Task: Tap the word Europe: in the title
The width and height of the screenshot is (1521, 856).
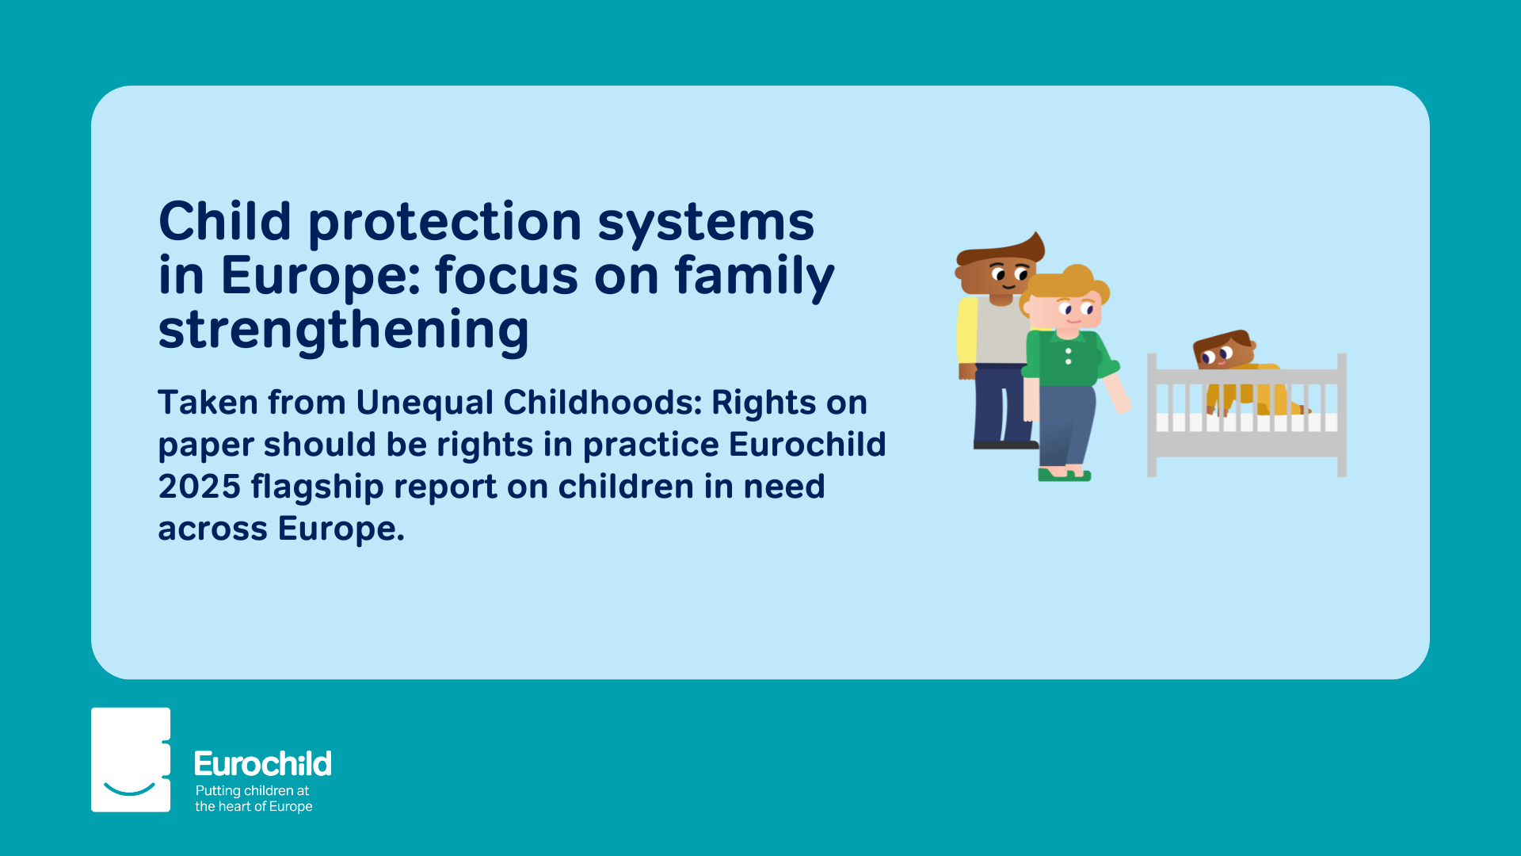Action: coord(321,276)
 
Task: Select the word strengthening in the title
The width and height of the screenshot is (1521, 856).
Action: coord(344,331)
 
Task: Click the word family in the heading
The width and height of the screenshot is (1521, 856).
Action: coord(754,277)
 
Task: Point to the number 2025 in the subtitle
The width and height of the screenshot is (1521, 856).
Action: coord(200,487)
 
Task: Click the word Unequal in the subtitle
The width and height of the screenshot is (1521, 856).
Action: coord(425,403)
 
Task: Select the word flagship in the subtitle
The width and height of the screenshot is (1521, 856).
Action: coord(318,487)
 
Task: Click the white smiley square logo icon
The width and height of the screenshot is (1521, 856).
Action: coord(131,759)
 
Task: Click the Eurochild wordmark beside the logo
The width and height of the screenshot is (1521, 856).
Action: coord(263,764)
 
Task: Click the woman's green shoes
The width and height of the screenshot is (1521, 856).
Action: coord(1065,475)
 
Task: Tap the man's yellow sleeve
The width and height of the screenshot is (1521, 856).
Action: coord(967,331)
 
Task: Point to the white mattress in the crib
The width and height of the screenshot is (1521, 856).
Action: coord(1247,422)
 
